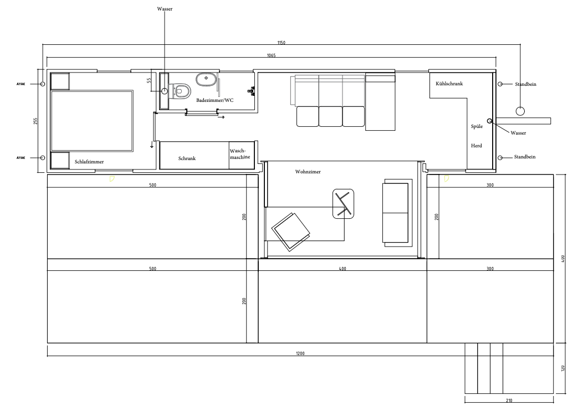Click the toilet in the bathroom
click(x=180, y=90)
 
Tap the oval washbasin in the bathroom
click(x=206, y=80)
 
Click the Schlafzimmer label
click(x=89, y=162)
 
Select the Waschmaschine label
click(x=240, y=154)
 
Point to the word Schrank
click(x=187, y=158)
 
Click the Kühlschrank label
click(x=449, y=84)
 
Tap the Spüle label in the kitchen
click(x=477, y=126)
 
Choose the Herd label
click(x=476, y=146)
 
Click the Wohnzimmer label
click(x=308, y=172)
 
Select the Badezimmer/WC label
click(x=215, y=100)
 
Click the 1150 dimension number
click(x=281, y=42)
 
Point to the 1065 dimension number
click(x=271, y=55)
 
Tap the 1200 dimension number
click(x=300, y=353)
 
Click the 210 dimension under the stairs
click(x=509, y=400)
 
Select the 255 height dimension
click(x=35, y=121)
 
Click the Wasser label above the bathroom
click(x=165, y=9)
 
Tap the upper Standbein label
click(x=525, y=84)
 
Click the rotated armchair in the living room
click(x=291, y=232)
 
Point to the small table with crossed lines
click(x=343, y=204)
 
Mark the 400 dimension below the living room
click(x=342, y=269)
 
